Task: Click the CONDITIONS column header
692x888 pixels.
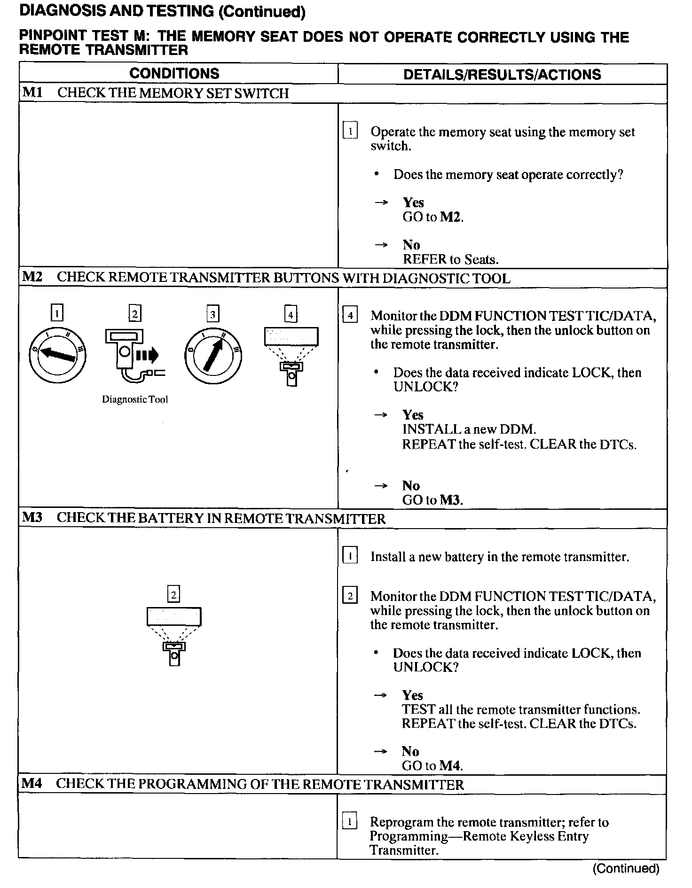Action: [x=174, y=73]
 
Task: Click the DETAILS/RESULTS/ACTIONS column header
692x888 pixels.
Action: [x=502, y=74]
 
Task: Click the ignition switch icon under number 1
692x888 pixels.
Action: [x=57, y=355]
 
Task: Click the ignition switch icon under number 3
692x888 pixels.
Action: [x=213, y=355]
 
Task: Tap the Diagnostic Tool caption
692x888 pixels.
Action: [x=135, y=400]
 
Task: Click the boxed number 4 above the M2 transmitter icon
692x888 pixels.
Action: [x=291, y=314]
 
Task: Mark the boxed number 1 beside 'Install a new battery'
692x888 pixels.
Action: [x=350, y=556]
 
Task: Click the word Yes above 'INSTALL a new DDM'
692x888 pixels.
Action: [x=413, y=414]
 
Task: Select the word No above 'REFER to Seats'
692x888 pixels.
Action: [x=411, y=245]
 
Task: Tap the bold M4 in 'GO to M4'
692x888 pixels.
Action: [x=450, y=765]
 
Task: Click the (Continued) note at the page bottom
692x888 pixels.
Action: [x=626, y=868]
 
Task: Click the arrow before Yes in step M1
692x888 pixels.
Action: [x=381, y=203]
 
